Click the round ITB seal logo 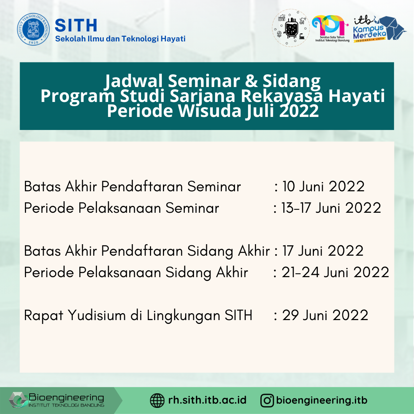click(33, 30)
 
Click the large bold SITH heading click(76, 25)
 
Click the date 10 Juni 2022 click(324, 187)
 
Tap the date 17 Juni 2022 click(323, 251)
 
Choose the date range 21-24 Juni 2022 click(335, 273)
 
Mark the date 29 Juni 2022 click(325, 315)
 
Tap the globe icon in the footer click(157, 401)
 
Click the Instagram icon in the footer click(267, 401)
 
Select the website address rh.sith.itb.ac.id click(207, 401)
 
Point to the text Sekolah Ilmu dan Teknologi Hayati click(120, 39)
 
